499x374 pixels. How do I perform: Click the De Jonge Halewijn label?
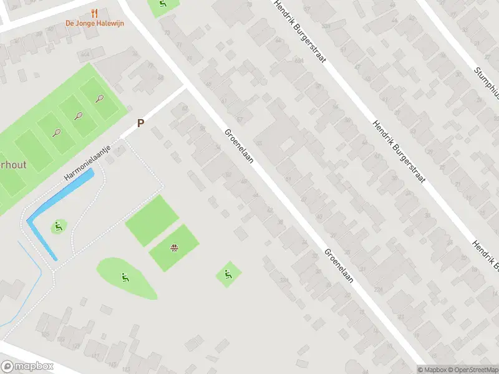point(95,24)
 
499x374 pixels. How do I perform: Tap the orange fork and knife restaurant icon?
point(95,12)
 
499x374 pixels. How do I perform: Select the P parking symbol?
point(140,123)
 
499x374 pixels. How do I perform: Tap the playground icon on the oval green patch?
point(125,278)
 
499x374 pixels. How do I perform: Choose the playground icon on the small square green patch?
point(228,274)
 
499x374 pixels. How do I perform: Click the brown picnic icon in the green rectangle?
point(175,249)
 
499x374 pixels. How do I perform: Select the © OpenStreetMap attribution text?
point(472,370)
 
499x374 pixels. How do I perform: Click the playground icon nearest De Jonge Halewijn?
point(163,5)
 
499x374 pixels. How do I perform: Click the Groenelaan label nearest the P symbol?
point(240,146)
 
